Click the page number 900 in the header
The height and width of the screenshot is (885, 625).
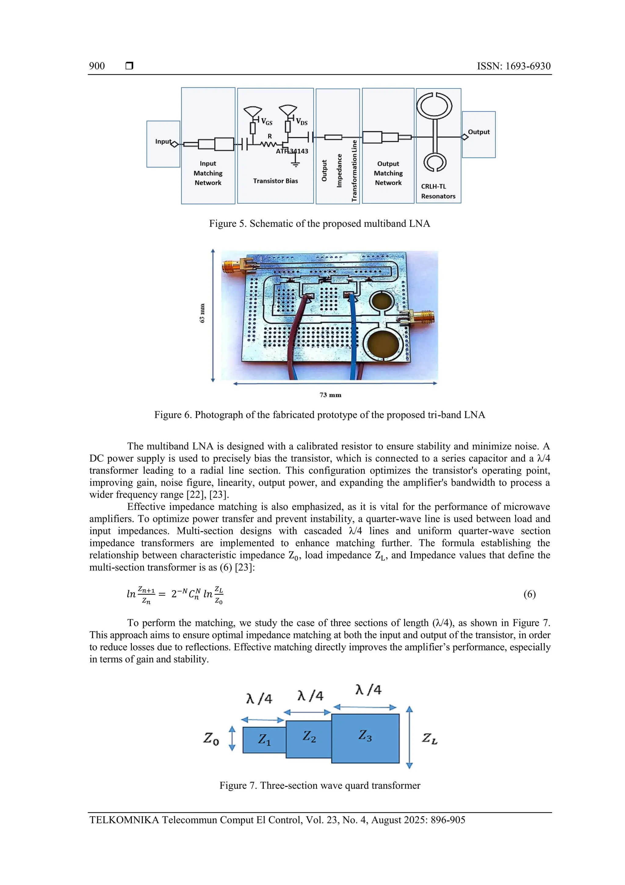97,66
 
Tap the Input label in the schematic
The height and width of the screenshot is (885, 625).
163,141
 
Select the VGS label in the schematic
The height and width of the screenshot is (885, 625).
266,122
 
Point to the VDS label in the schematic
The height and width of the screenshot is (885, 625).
302,122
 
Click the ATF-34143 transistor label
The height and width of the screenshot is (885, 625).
292,151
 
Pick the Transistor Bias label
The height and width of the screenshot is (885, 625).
275,181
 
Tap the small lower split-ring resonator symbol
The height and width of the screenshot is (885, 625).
435,162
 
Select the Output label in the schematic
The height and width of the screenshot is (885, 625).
479,132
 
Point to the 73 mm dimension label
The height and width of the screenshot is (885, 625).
331,395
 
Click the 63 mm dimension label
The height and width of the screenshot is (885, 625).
202,313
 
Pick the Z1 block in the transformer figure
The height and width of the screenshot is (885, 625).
264,739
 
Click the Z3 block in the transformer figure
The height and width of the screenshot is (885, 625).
365,738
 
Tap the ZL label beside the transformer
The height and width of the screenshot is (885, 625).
429,738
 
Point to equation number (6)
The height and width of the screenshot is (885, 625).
529,594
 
